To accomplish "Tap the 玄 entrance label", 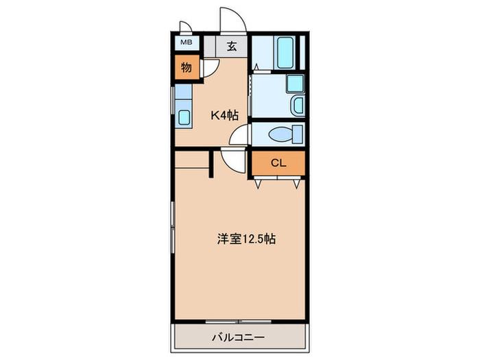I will click(232, 47).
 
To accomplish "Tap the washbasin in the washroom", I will click(299, 106).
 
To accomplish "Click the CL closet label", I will click(278, 163).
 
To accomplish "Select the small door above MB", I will click(185, 27).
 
